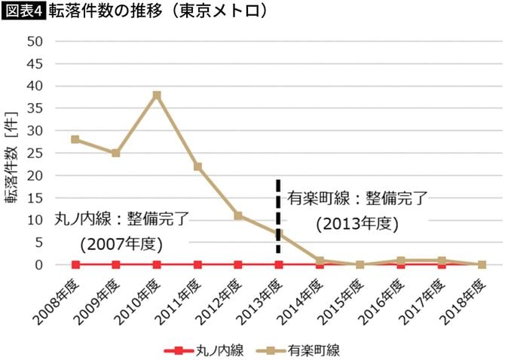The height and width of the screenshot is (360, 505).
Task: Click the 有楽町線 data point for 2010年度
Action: [157, 95]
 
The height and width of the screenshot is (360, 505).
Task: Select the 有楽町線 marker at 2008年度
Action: [75, 139]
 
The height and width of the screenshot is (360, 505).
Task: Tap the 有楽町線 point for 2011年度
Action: [197, 166]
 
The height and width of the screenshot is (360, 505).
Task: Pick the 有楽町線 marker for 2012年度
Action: [238, 215]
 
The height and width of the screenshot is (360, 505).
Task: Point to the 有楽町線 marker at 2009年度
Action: [116, 153]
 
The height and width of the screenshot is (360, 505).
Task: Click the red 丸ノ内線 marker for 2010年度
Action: [157, 264]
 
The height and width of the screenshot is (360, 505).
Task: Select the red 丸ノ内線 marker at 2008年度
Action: [75, 264]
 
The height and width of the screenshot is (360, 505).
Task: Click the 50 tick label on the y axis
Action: [34, 41]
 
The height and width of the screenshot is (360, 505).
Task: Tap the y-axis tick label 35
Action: [34, 108]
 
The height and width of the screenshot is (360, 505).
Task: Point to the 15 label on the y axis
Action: [34, 197]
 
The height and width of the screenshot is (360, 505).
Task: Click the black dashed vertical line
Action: [278, 215]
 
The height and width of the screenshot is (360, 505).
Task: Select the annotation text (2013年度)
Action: [357, 224]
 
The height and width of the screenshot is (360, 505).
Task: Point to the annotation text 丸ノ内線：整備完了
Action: [121, 219]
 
